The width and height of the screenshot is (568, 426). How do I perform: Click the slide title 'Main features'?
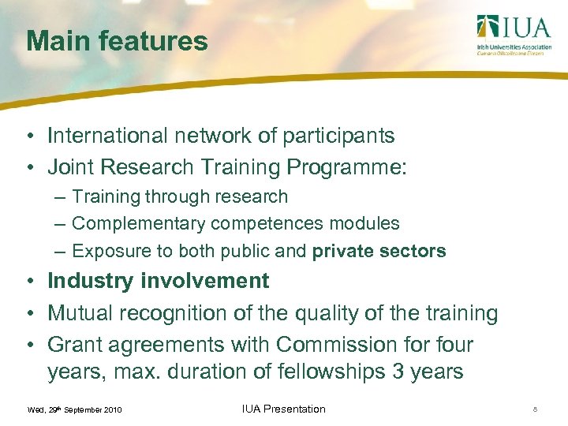pyautogui.click(x=117, y=41)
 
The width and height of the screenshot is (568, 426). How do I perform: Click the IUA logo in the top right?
pyautogui.click(x=513, y=35)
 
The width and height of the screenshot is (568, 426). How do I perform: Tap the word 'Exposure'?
pyautogui.click(x=107, y=252)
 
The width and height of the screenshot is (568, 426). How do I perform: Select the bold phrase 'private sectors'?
pyautogui.click(x=379, y=252)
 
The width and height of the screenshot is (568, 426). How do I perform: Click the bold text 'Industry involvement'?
pyautogui.click(x=159, y=281)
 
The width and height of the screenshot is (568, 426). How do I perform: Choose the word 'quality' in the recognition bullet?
pyautogui.click(x=327, y=313)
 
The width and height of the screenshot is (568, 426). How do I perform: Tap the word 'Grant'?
pyautogui.click(x=75, y=345)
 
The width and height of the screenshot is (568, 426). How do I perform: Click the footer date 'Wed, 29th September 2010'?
pyautogui.click(x=74, y=410)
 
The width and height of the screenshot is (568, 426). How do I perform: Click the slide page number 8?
pyautogui.click(x=536, y=409)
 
